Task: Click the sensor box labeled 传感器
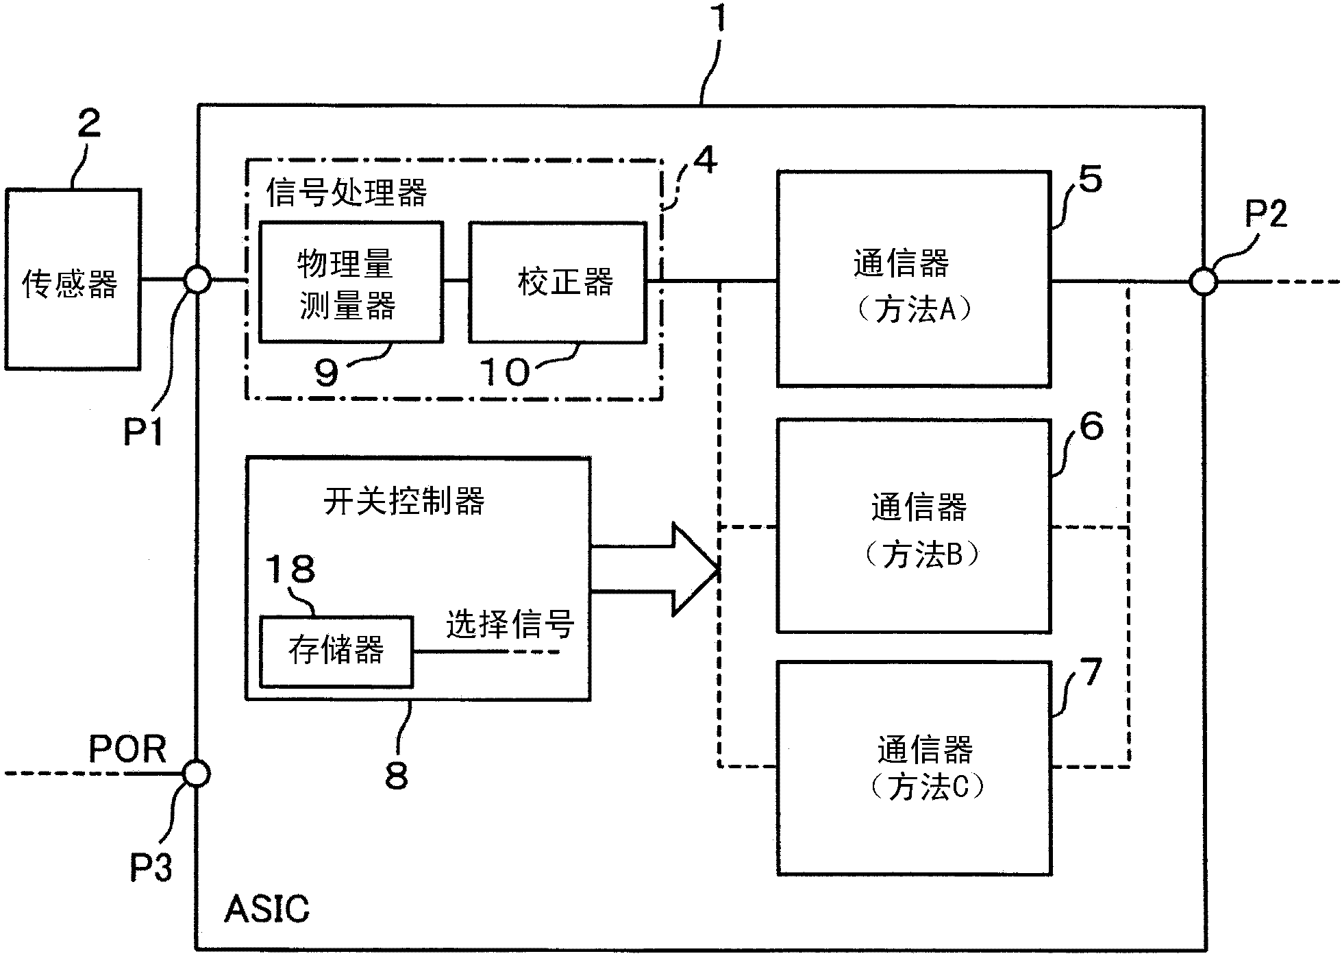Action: (x=73, y=280)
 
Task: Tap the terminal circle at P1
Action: (x=197, y=280)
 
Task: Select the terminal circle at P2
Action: (x=1203, y=281)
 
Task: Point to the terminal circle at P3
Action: (x=197, y=774)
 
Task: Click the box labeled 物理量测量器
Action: (x=350, y=282)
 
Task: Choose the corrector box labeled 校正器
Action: (x=557, y=282)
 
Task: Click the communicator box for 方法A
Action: (x=913, y=279)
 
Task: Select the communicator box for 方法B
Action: (x=914, y=526)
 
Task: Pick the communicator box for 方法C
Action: (x=914, y=768)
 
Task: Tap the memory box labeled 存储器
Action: (x=336, y=651)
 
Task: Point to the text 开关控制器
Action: (x=403, y=502)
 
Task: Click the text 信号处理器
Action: (x=347, y=193)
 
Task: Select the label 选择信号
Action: (x=510, y=624)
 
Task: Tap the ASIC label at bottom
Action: (x=266, y=909)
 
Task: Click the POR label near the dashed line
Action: (x=127, y=750)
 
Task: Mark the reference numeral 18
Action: (x=290, y=569)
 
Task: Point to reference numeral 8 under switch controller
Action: (x=397, y=776)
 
